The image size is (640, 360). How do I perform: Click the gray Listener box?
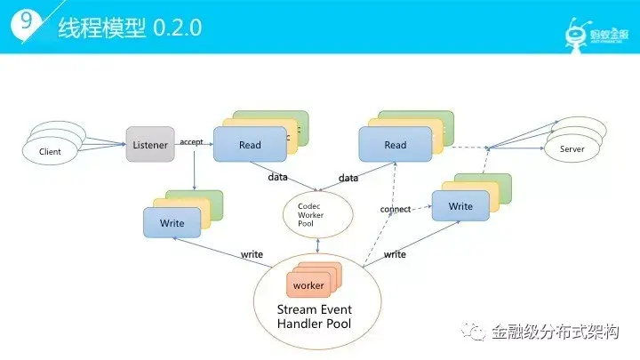(149, 144)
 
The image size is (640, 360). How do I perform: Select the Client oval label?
(51, 152)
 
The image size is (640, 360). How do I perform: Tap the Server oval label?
(572, 149)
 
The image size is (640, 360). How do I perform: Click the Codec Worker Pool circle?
(318, 213)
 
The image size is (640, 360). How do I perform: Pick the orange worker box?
(308, 285)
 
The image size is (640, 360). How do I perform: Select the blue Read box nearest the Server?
(395, 145)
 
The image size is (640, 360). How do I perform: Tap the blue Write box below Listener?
(172, 222)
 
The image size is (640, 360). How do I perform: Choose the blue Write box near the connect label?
(460, 207)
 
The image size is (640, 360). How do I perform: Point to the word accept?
(191, 141)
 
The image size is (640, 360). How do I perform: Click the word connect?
(395, 210)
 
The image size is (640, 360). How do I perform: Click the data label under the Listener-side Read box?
(277, 177)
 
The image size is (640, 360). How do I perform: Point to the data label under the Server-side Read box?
(348, 178)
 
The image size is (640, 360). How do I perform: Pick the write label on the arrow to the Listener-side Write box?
(252, 254)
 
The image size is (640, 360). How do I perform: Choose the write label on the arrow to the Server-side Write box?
(395, 254)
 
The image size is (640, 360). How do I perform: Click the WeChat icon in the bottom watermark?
(477, 332)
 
